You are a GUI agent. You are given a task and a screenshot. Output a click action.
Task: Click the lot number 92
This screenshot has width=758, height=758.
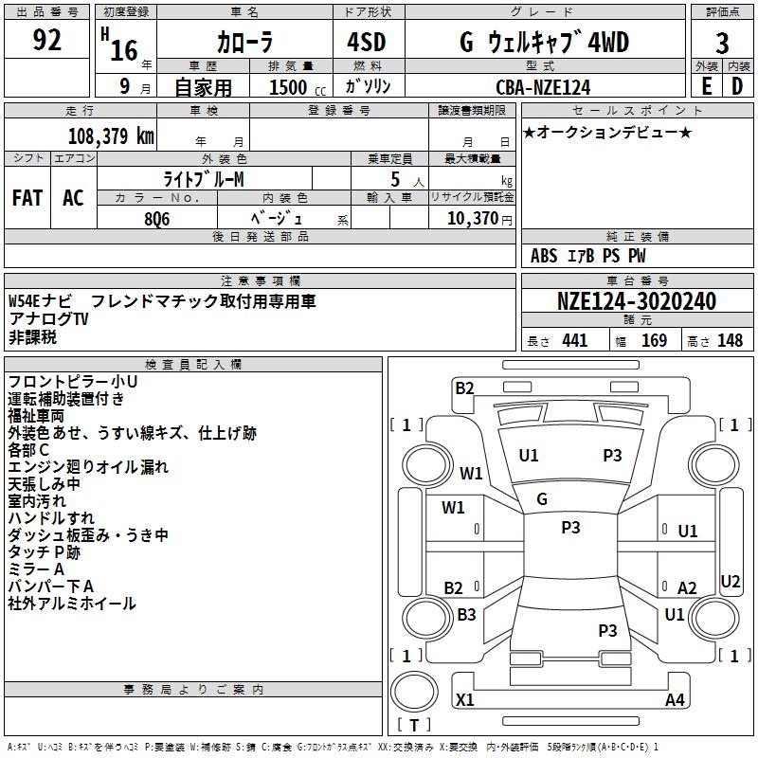(47, 41)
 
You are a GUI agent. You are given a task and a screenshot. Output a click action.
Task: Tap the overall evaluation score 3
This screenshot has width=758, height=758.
(722, 43)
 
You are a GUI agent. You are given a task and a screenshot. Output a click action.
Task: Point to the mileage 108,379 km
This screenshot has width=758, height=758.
(111, 135)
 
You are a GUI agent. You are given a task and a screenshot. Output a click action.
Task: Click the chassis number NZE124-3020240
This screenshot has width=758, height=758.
(636, 301)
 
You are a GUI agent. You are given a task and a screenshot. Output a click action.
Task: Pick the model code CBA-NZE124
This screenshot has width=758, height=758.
(543, 87)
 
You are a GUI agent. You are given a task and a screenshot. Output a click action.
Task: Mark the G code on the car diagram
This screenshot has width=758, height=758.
(542, 499)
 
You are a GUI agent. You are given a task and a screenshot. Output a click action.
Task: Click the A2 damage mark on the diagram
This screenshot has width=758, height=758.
(687, 588)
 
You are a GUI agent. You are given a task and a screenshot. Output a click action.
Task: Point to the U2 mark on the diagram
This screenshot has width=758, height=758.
(731, 581)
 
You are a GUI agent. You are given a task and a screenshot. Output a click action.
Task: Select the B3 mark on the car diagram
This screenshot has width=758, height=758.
(466, 615)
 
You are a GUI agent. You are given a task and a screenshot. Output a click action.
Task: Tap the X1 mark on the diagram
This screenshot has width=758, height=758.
(465, 700)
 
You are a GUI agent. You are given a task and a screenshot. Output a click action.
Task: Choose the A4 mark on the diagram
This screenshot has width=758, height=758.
(675, 700)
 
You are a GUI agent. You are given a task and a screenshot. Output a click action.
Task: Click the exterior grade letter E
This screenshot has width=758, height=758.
(706, 87)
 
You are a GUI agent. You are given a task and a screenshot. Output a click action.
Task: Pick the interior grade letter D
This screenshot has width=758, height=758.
(737, 87)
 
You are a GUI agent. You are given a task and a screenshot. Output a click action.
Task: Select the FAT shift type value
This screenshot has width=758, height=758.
(27, 198)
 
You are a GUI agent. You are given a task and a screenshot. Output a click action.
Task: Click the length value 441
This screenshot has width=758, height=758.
(574, 341)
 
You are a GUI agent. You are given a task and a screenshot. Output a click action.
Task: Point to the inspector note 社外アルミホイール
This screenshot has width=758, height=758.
(72, 604)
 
